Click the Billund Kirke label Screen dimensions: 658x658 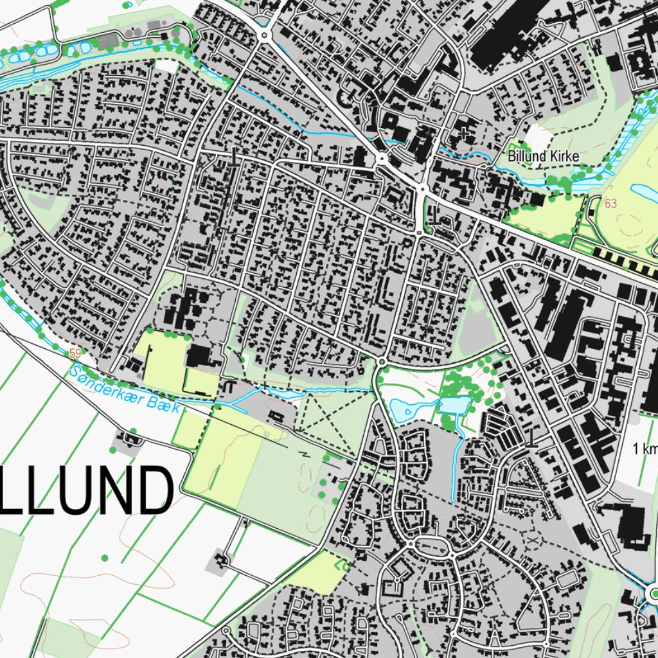[x=543, y=156]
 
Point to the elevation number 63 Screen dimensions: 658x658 [x=610, y=204]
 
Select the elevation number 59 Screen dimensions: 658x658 [x=76, y=353]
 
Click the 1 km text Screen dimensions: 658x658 [x=645, y=449]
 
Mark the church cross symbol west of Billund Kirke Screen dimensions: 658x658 [x=465, y=133]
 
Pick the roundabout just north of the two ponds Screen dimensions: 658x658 [x=382, y=362]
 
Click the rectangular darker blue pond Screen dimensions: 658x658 [x=455, y=405]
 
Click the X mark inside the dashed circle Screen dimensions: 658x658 [x=532, y=541]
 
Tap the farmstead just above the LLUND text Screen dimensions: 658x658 [x=132, y=440]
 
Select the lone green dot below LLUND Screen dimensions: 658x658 [x=104, y=557]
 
